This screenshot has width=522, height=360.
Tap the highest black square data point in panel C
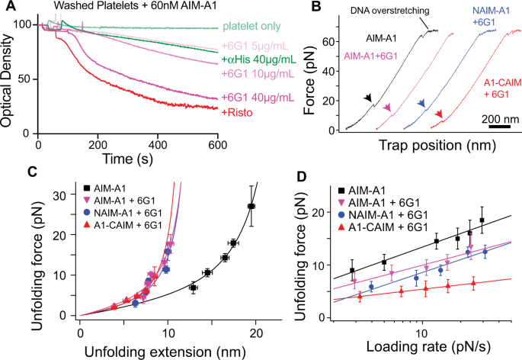[251, 206]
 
